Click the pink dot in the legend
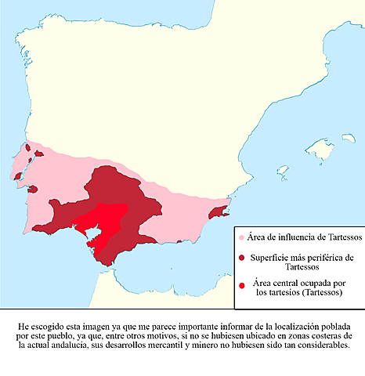point(241,237)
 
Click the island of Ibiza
point(281,169)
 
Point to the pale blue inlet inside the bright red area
point(89,232)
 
